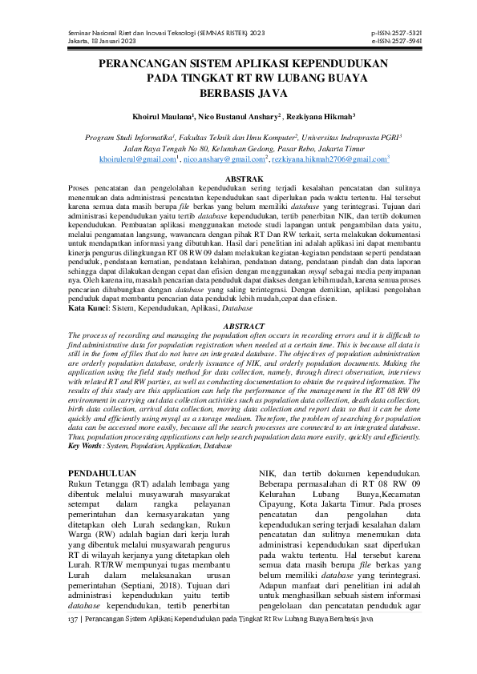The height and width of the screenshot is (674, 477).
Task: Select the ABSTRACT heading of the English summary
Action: click(238, 327)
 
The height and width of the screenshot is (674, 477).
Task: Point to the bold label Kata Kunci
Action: click(87, 307)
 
